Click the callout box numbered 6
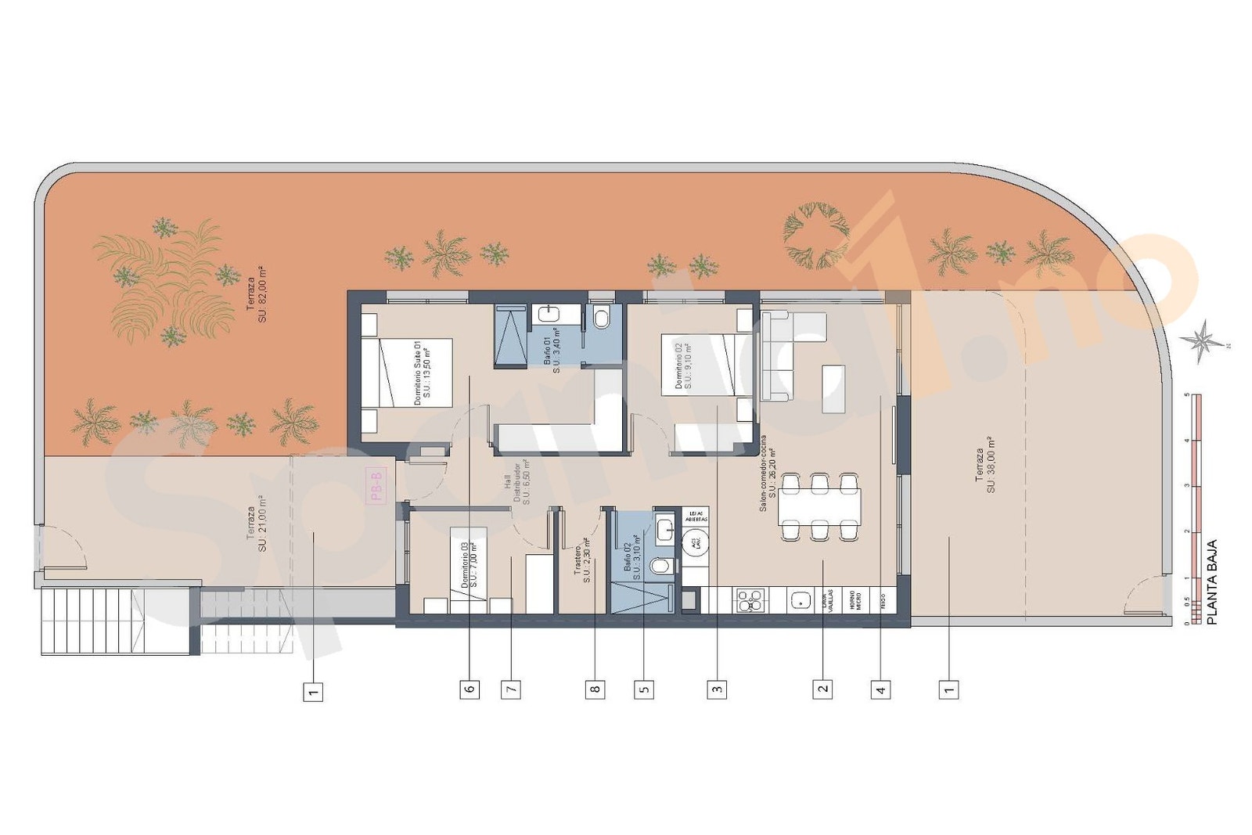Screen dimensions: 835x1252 click(469, 689)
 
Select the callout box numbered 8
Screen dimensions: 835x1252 click(595, 689)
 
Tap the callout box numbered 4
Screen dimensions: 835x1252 click(881, 689)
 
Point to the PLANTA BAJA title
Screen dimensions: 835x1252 click(1212, 581)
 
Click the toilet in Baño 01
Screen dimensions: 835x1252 click(602, 318)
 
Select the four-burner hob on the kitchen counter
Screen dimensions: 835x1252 click(750, 600)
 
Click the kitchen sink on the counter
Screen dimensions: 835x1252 click(800, 600)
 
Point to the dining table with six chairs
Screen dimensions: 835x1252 click(819, 506)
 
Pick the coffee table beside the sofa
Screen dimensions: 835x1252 click(833, 389)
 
